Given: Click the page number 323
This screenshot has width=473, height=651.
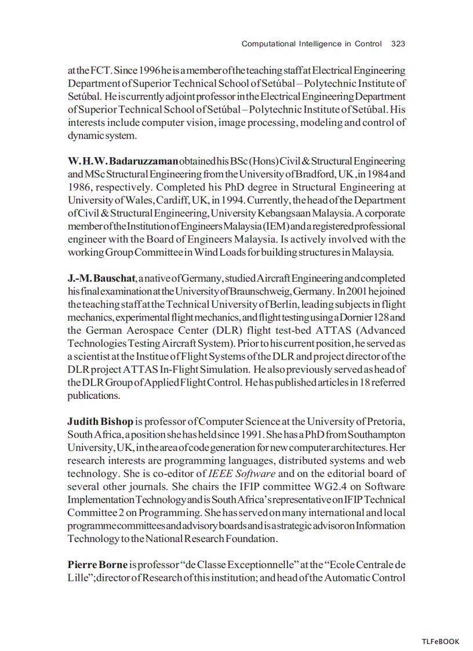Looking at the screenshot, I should [x=398, y=43].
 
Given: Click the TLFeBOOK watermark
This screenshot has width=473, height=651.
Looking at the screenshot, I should [x=440, y=641].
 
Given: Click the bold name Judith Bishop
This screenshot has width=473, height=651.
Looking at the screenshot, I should [x=100, y=420].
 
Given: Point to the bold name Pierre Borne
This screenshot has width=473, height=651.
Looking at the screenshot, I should [x=97, y=564].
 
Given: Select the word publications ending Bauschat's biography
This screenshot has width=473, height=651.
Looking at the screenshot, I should [x=93, y=395].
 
